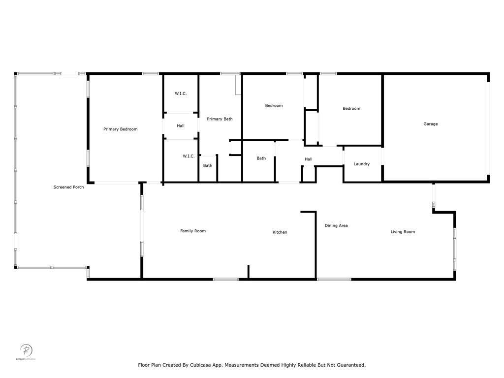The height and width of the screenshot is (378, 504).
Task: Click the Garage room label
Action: (430, 124)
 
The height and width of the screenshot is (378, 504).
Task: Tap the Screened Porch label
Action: (68, 187)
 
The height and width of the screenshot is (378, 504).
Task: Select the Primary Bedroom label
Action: (120, 129)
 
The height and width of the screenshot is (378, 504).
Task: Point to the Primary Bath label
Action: (220, 119)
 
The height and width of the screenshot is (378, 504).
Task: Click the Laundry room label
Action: (362, 164)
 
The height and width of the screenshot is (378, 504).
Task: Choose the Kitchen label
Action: (280, 232)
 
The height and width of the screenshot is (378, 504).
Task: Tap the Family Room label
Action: (193, 231)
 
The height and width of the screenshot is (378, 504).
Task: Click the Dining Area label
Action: (336, 225)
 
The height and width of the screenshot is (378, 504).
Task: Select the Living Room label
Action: (403, 232)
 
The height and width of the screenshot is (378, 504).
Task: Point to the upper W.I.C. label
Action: (181, 94)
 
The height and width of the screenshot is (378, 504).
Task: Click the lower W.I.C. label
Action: (189, 156)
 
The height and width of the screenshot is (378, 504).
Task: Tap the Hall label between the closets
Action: (181, 126)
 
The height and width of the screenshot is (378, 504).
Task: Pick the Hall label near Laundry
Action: (309, 159)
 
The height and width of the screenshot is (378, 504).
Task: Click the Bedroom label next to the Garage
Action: (351, 108)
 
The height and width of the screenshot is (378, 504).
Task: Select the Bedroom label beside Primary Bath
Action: (274, 105)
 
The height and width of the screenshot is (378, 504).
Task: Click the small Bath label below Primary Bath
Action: (208, 165)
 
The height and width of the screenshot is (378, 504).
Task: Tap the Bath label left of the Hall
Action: (261, 158)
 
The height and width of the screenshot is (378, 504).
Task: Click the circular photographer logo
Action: (26, 350)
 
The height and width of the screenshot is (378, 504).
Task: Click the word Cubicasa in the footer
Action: (201, 365)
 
